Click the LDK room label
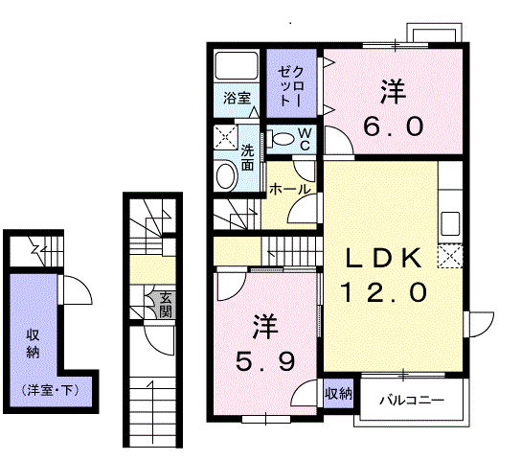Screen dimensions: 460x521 (384, 258)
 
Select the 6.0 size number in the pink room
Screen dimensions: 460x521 (393, 126)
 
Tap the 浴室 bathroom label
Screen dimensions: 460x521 (237, 98)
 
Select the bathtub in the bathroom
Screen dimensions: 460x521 (235, 67)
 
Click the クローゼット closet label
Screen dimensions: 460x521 (291, 85)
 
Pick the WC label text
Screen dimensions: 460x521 (303, 138)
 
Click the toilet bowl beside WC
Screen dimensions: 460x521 (281, 140)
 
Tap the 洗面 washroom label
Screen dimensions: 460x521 (247, 157)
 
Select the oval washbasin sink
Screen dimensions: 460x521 (226, 176)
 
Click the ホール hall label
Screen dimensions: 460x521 (289, 189)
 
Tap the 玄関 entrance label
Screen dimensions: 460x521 (165, 304)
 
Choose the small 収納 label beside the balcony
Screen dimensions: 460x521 (337, 393)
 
